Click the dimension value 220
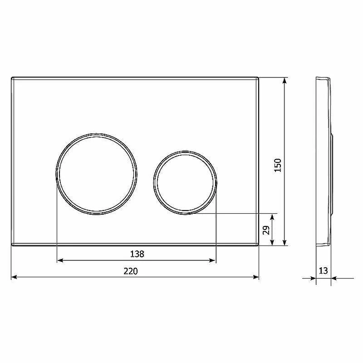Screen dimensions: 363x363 click(x=131, y=271)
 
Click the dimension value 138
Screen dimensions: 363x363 click(x=137, y=254)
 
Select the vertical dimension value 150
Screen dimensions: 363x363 click(x=278, y=165)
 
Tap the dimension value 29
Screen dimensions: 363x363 click(x=266, y=230)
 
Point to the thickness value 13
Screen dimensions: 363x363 click(x=323, y=270)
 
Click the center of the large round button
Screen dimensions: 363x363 click(x=96, y=174)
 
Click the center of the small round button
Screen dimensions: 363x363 click(x=185, y=182)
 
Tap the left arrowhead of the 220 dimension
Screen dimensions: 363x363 click(x=14, y=277)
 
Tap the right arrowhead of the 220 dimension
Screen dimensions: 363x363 click(x=256, y=277)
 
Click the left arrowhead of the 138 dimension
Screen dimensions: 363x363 click(x=60, y=260)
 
